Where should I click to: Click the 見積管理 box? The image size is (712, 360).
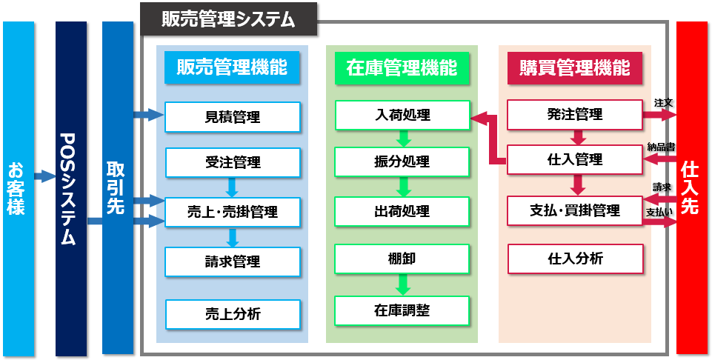232,116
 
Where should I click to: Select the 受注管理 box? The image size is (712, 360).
232,162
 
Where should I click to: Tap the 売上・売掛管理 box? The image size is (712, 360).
232,212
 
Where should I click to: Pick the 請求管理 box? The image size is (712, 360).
232,261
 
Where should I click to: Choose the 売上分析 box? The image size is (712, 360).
232,314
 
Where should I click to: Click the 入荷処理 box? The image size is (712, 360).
402,116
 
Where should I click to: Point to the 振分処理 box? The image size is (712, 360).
402,162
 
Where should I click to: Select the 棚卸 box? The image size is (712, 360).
402,258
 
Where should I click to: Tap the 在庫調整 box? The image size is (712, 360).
402,310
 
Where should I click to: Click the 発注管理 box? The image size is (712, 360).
574,115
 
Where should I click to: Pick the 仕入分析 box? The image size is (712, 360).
574,259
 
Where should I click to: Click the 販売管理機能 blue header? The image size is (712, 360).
232,67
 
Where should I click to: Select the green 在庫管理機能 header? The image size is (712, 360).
402,68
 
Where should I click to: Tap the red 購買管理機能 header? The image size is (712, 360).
574,68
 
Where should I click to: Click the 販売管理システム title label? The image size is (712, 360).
228,19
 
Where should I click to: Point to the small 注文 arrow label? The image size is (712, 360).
662,101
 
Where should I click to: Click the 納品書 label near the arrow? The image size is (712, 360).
660,147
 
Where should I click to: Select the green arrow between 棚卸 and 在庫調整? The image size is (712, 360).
402,284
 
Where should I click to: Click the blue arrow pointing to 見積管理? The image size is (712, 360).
148,114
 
